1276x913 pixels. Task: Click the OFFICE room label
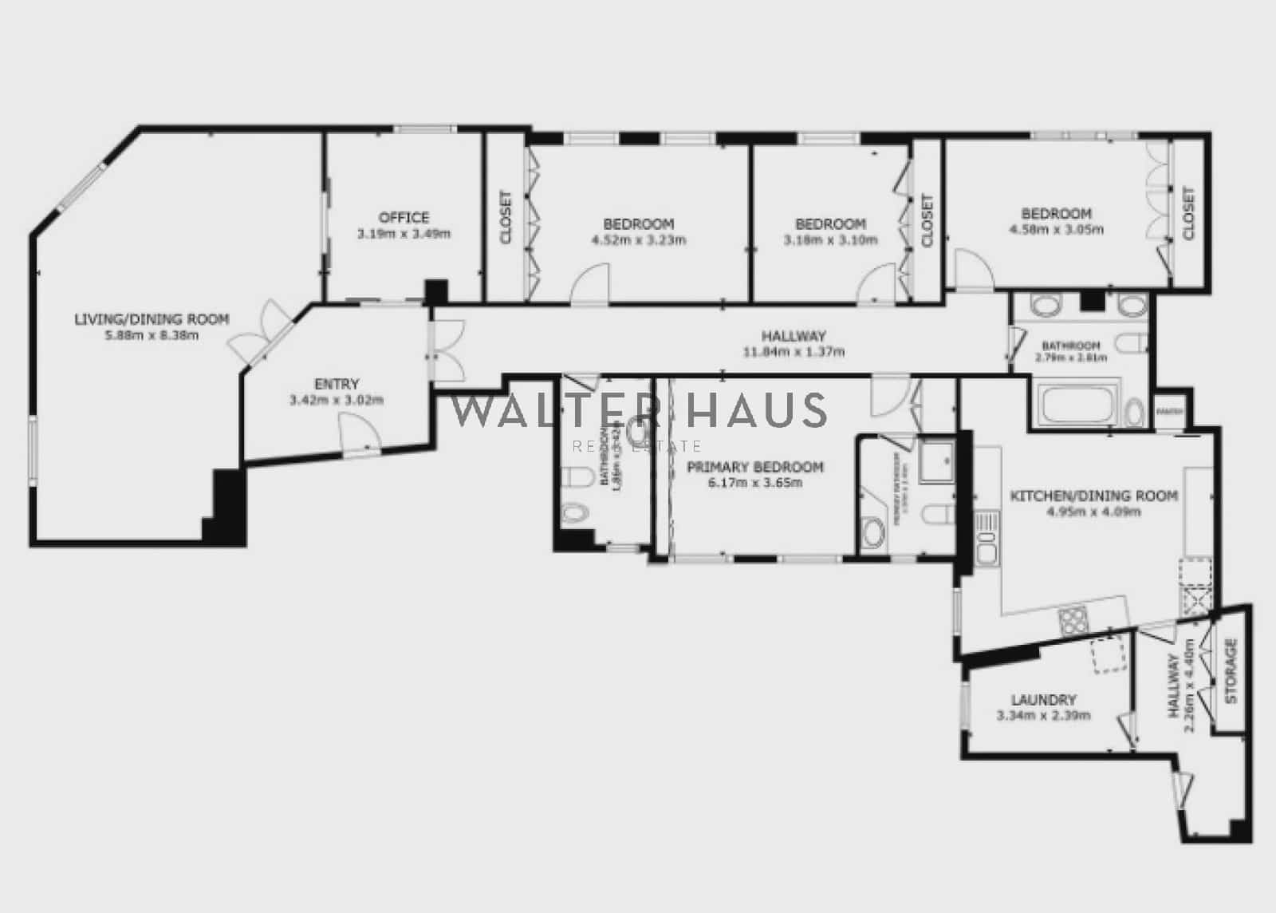coord(404,217)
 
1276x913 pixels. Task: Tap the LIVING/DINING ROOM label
coord(152,319)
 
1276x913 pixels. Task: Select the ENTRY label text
coord(337,384)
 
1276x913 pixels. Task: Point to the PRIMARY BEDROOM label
coord(754,467)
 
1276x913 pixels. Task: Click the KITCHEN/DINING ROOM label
coord(1093,496)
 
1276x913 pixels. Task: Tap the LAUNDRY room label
coord(1043,699)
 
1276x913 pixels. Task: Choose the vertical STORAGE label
coord(1231,670)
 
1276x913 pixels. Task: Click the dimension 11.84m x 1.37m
coord(794,351)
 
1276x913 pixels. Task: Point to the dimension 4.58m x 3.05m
coord(1056,229)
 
